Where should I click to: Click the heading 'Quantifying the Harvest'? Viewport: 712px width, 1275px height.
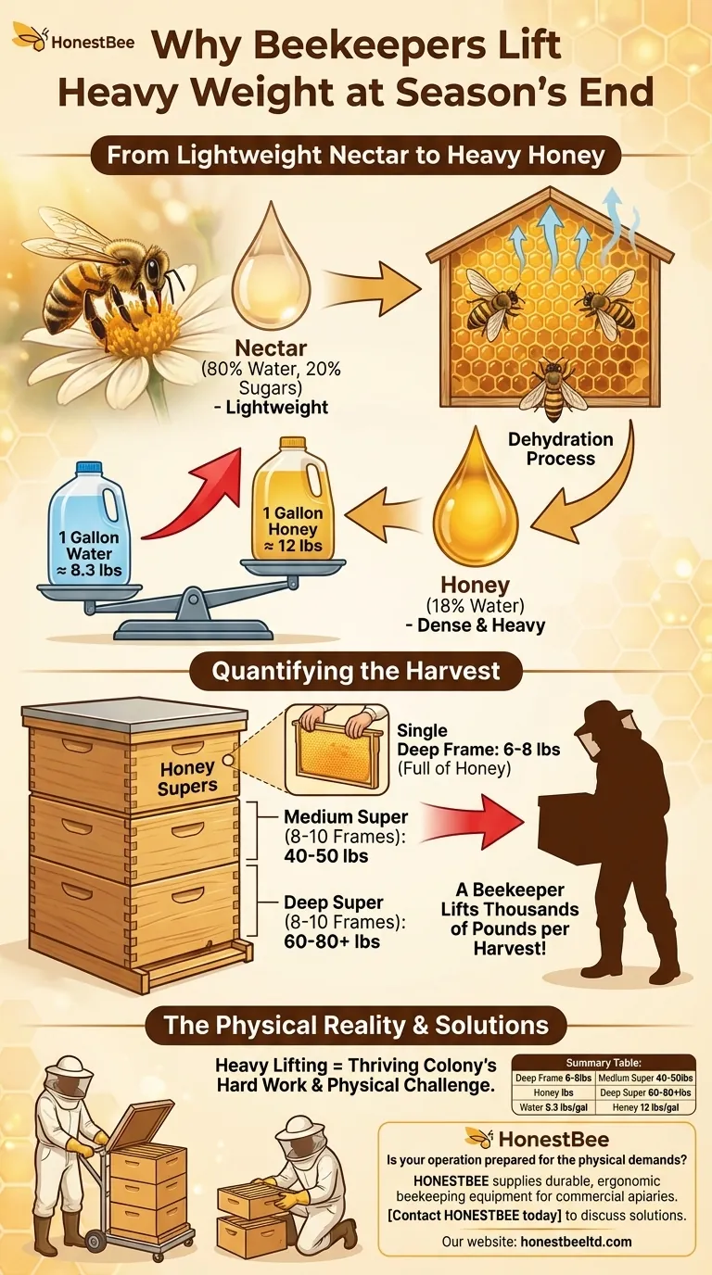click(355, 671)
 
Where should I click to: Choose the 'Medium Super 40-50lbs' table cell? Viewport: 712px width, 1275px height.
click(645, 1078)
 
